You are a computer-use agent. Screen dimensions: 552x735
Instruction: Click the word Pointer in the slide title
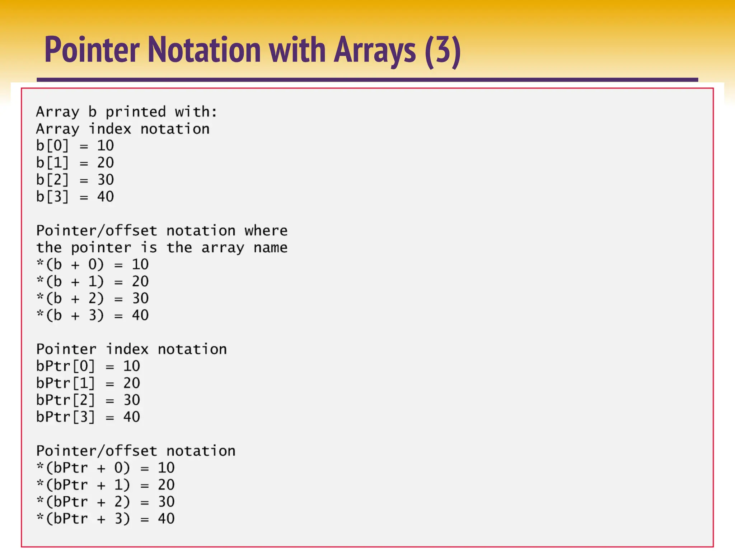click(92, 50)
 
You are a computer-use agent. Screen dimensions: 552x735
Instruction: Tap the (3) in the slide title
click(442, 50)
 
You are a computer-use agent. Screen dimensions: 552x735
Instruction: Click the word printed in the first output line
click(135, 112)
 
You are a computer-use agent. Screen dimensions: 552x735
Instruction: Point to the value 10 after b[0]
click(106, 146)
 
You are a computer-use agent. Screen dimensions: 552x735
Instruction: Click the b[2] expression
click(52, 180)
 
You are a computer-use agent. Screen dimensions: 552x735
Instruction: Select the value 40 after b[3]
click(106, 197)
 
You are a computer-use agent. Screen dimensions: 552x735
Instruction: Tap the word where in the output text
click(266, 231)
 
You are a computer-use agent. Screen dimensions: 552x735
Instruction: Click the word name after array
click(270, 248)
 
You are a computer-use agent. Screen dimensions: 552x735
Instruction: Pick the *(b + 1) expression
click(70, 281)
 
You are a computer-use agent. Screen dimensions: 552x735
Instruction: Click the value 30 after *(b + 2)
click(140, 298)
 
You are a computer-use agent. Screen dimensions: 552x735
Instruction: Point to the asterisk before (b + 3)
click(40, 314)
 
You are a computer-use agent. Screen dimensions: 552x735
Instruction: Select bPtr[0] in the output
click(66, 366)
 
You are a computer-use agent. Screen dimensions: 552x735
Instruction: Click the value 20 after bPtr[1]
click(132, 383)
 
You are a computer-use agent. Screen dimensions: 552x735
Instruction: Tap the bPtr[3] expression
click(66, 417)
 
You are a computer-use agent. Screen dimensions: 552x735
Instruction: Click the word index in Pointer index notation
click(127, 349)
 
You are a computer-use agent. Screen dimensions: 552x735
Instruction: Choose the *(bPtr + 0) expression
click(83, 468)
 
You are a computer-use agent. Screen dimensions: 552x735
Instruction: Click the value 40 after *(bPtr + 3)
click(166, 519)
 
